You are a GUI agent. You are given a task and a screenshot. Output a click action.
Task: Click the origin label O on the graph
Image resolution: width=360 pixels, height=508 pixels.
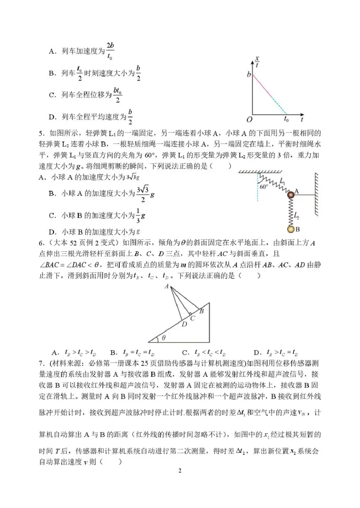(x=249, y=120)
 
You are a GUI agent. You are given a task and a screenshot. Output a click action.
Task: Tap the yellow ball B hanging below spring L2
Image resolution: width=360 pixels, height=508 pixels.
(x=291, y=229)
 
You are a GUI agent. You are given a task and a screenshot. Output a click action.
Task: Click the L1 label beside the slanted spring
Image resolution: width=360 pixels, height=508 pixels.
(x=282, y=181)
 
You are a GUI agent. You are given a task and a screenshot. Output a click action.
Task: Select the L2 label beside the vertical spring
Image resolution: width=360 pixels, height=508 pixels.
(x=297, y=216)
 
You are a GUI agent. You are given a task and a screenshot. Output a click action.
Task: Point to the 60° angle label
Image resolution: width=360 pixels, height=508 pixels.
(x=263, y=185)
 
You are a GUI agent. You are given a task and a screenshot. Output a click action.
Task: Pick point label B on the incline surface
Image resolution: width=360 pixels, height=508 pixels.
(x=202, y=310)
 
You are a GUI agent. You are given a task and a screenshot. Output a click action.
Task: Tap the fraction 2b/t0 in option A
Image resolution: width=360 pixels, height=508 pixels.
(x=110, y=51)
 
